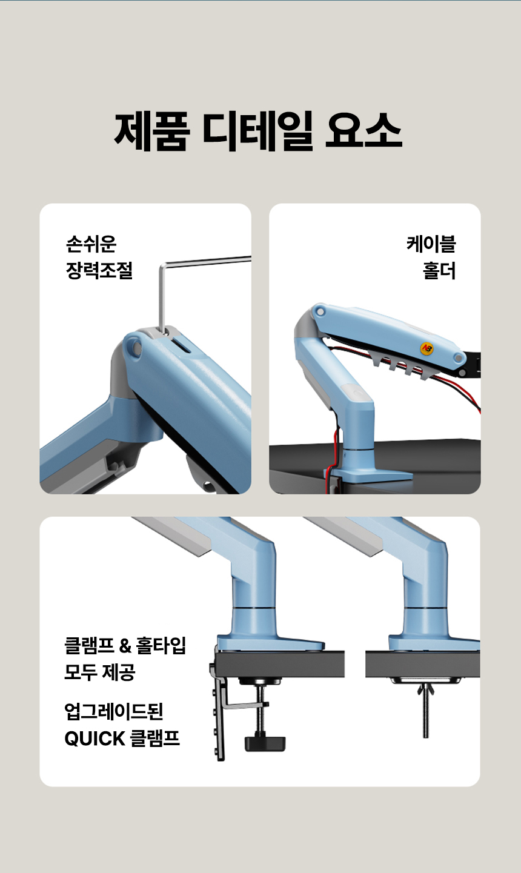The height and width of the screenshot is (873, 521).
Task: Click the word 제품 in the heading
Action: click(x=153, y=131)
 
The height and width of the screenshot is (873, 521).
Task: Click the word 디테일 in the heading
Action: click(x=257, y=131)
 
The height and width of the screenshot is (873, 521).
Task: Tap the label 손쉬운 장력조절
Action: click(x=99, y=257)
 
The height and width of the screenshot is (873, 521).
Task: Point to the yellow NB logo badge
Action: click(x=427, y=348)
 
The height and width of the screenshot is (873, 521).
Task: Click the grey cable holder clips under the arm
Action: click(x=402, y=368)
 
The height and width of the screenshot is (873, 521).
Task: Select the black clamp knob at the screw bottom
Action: click(x=265, y=744)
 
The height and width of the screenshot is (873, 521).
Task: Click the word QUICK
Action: click(x=95, y=738)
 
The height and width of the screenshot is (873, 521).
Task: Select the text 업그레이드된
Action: click(x=114, y=711)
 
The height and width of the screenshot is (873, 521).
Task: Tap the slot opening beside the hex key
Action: click(x=182, y=345)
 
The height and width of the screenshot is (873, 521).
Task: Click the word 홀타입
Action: click(x=161, y=645)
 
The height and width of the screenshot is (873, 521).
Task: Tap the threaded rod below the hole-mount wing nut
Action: click(x=425, y=717)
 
